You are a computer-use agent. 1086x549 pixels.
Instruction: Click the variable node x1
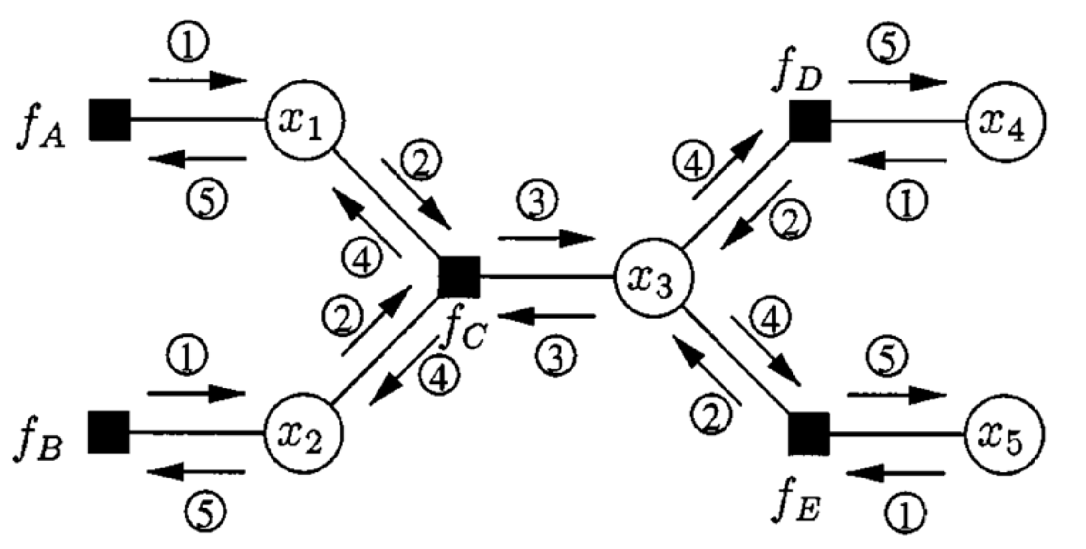coord(304,121)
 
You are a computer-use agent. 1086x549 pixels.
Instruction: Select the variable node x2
coord(304,433)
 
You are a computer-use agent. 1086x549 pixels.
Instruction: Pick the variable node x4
coord(1006,122)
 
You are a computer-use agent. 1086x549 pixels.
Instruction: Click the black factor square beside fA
coord(110,120)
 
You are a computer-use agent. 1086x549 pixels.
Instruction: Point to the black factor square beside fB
coord(109,432)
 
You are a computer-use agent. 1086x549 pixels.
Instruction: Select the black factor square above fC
coord(459,276)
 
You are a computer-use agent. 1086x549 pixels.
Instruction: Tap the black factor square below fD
coord(810,122)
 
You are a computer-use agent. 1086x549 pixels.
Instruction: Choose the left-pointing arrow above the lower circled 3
coord(547,318)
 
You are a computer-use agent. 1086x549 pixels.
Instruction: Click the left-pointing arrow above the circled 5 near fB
coord(195,472)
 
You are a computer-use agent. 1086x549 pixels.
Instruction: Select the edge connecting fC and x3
coord(547,277)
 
